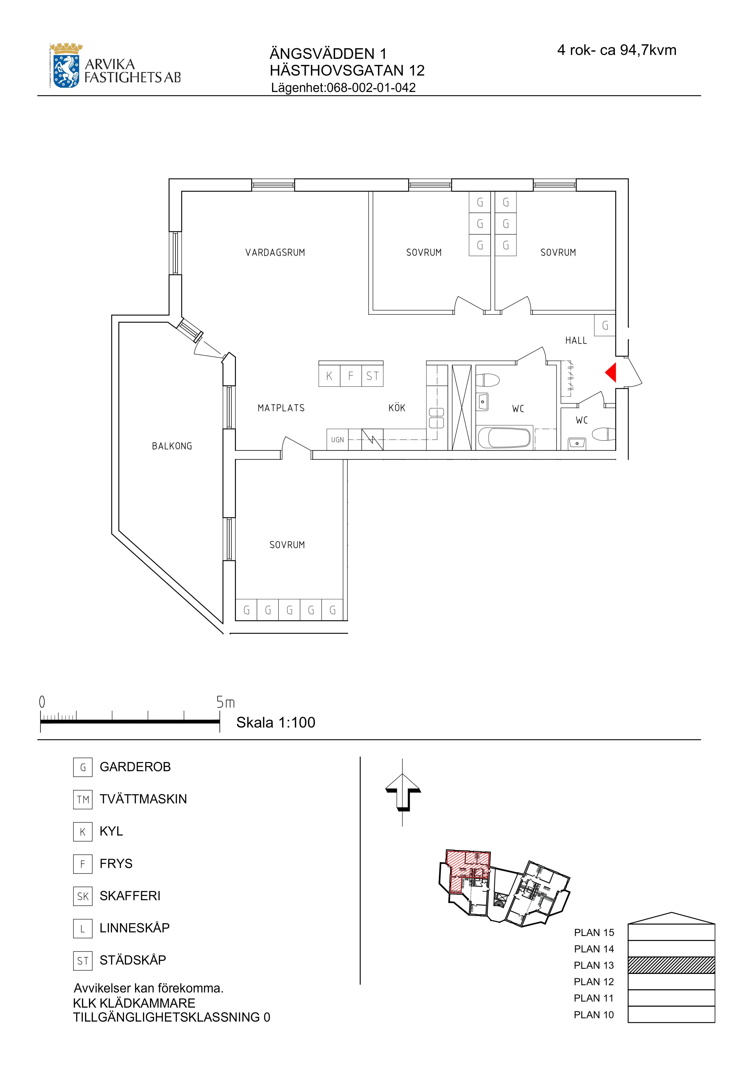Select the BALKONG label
172,446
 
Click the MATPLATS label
281,408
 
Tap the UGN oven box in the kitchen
337,439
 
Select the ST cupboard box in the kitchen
373,376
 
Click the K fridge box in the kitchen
329,376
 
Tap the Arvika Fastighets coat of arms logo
66,66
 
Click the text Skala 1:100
276,722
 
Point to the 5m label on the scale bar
226,702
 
